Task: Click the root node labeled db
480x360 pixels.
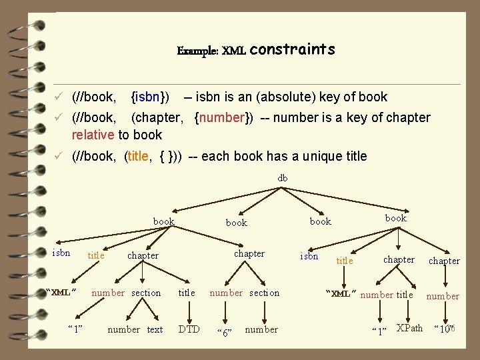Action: [283, 178]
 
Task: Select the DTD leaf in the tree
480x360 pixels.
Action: [189, 329]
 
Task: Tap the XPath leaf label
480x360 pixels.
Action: [409, 328]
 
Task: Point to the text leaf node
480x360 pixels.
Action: [155, 329]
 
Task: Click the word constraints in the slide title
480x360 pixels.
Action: [293, 50]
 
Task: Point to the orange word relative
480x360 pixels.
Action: [93, 135]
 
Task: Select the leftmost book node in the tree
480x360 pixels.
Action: [164, 221]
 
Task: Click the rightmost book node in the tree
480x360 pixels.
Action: [395, 218]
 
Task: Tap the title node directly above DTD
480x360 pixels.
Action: [187, 293]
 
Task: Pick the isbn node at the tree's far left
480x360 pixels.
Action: [61, 253]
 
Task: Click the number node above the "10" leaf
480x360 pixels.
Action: [443, 296]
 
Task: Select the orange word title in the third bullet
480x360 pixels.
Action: [138, 156]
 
